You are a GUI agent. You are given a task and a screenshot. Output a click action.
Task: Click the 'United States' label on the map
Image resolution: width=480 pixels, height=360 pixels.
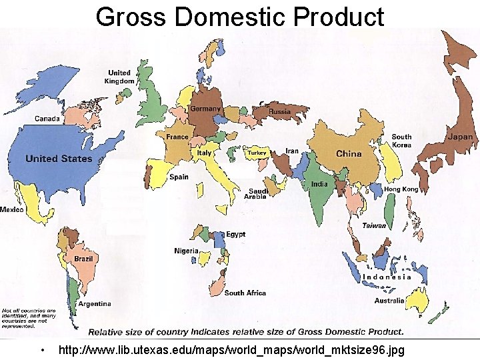(x=59, y=159)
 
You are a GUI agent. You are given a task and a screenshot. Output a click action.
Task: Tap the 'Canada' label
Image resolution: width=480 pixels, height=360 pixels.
(x=47, y=119)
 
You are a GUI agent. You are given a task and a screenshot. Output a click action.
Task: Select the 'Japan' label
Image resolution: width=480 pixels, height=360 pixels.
(x=460, y=137)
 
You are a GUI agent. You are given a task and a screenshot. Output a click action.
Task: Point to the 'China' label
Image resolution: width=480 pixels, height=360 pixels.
(x=349, y=153)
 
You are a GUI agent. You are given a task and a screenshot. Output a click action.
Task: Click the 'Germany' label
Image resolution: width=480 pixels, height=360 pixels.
(x=205, y=109)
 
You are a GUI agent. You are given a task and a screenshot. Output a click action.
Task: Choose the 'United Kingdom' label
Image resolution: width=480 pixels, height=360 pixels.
(x=119, y=77)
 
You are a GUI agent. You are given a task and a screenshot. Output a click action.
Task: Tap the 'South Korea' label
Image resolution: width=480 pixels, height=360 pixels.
(x=401, y=141)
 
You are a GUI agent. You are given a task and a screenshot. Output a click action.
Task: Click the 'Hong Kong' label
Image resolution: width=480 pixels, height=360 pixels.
(x=401, y=189)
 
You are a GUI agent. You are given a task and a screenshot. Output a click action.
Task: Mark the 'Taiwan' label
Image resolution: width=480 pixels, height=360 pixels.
(x=374, y=225)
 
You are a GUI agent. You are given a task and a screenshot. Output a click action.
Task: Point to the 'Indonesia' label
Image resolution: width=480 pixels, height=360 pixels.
(x=387, y=277)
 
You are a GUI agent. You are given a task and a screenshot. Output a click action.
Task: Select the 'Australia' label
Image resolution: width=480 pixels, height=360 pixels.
(x=389, y=301)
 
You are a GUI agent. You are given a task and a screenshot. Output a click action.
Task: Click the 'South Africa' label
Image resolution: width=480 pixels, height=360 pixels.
(x=245, y=293)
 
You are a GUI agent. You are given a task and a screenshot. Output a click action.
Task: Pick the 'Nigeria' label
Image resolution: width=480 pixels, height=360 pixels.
(x=187, y=251)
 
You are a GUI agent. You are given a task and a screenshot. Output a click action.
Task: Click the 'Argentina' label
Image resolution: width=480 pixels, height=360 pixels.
(x=95, y=303)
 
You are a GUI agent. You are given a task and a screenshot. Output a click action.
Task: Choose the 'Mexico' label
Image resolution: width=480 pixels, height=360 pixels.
(x=12, y=209)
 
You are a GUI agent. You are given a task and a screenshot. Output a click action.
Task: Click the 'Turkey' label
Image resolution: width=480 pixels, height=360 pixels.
(x=257, y=153)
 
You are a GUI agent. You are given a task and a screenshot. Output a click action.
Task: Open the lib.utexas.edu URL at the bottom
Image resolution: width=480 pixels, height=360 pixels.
(x=231, y=350)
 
